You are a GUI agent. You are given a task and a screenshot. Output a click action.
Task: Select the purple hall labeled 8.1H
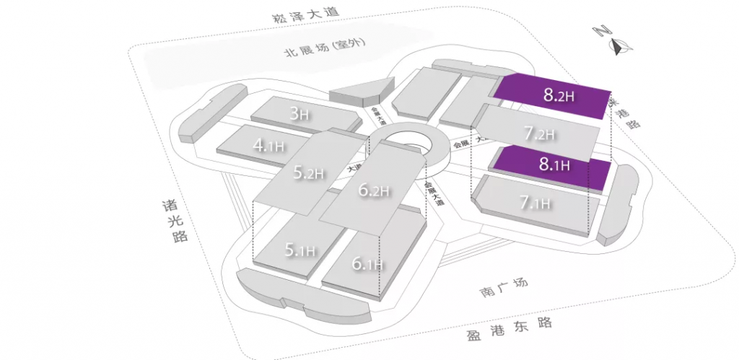coord(554,164)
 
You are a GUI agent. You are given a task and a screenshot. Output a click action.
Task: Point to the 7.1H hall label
coord(535,203)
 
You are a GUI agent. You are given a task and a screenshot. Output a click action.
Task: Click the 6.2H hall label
coord(374,190)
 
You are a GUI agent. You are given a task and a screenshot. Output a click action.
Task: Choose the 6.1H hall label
coord(367,265)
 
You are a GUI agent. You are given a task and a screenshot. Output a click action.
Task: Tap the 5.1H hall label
coord(299,250)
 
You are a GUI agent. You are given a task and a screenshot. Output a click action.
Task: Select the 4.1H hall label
coord(268,145)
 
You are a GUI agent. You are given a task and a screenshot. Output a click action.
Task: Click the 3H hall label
coord(299,113)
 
